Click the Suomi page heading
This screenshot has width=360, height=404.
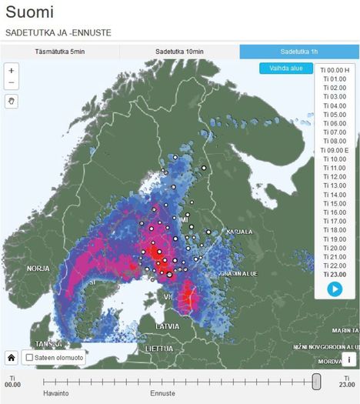coord(30,13)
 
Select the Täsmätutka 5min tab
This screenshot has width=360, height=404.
coord(60,52)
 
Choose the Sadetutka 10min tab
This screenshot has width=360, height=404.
coord(179,52)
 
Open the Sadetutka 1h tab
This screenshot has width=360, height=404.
coord(299,52)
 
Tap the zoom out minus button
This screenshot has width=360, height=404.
coord(12,83)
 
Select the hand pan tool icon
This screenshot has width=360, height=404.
coord(12,101)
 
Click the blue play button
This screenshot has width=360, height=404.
coord(335,289)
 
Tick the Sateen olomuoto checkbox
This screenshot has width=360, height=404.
coord(29,358)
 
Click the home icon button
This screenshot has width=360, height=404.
coord(12,358)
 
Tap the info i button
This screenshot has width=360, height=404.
coord(348,359)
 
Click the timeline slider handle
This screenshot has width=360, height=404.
coord(316,381)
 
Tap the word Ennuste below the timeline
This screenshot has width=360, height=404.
coord(162,392)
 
